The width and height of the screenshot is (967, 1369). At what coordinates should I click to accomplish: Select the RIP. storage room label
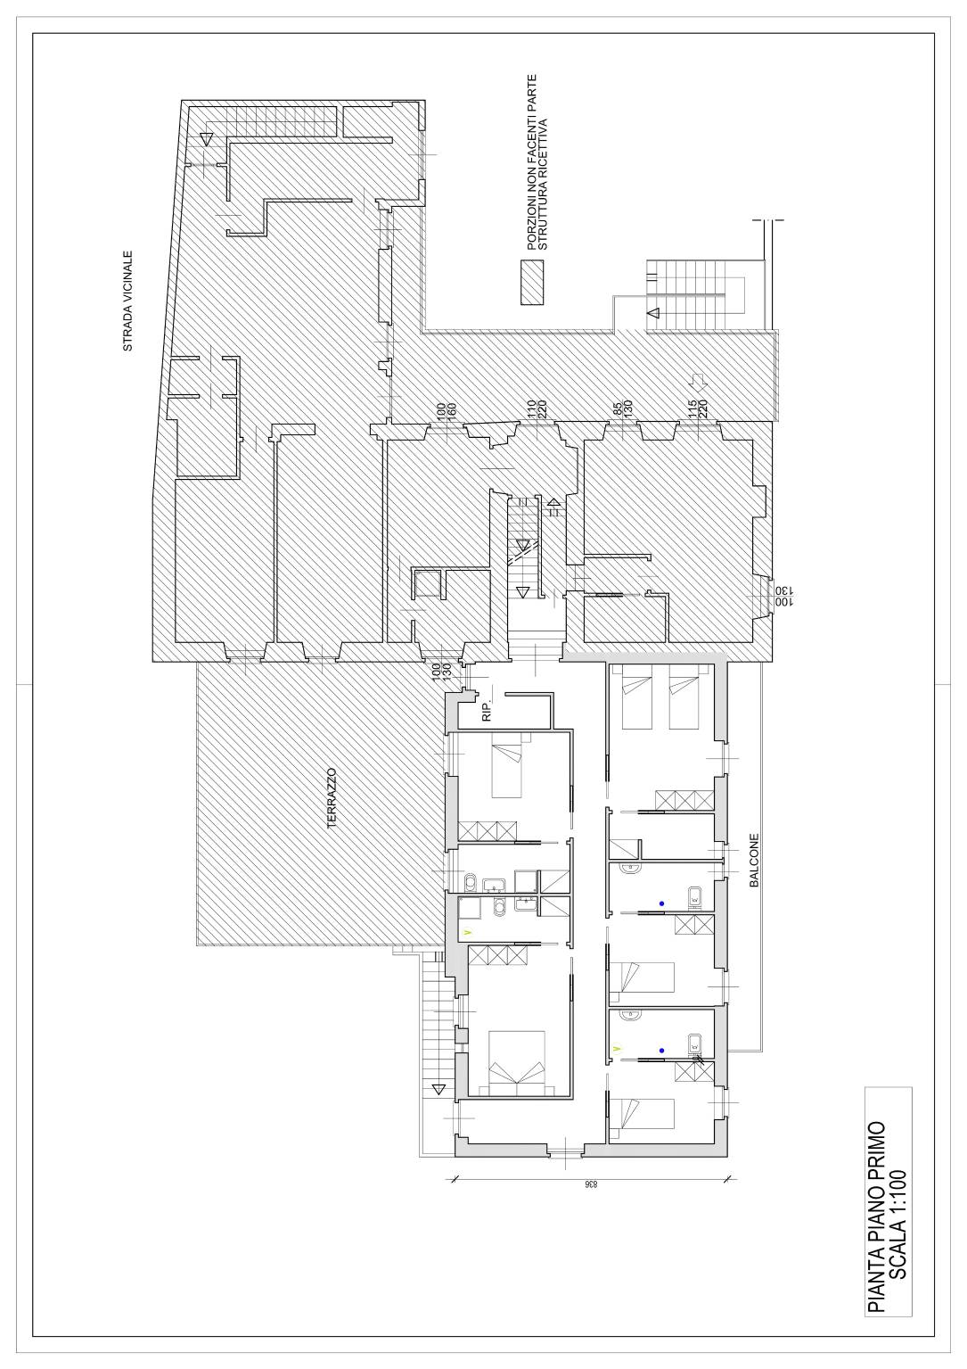(487, 713)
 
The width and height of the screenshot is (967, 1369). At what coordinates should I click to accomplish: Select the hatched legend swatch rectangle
(531, 283)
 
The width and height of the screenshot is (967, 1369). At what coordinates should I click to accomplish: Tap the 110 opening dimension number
(531, 408)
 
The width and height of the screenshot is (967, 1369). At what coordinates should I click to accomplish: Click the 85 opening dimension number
(618, 408)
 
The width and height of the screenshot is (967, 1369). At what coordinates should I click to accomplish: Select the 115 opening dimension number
(692, 408)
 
